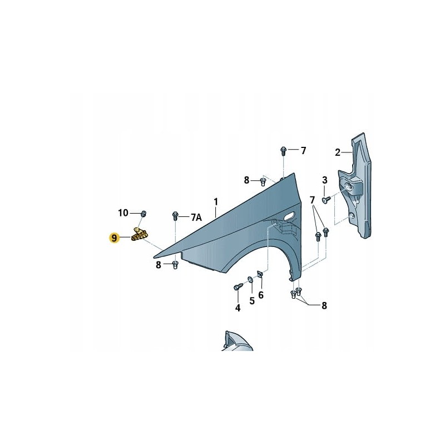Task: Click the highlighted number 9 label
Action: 115,238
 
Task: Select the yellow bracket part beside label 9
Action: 140,235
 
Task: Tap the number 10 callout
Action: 123,212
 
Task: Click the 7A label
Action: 196,216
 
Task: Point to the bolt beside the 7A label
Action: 176,215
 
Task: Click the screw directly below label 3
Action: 325,197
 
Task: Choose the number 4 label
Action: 238,308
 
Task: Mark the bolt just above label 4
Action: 238,286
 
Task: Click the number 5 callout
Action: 251,300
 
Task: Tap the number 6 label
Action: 260,295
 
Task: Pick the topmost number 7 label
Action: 304,150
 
